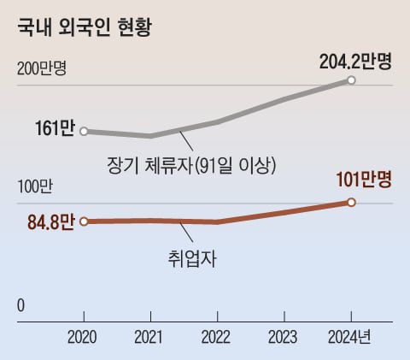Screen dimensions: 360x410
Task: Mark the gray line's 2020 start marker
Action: (x=83, y=131)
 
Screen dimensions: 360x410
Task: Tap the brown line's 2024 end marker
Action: (x=351, y=203)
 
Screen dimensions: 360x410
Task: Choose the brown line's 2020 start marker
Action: (x=83, y=222)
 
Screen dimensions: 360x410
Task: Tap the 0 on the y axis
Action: (x=20, y=306)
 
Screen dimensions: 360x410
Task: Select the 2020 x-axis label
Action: (x=83, y=336)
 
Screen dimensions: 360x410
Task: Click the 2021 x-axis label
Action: (x=150, y=336)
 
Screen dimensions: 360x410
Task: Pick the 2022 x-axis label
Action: (x=217, y=336)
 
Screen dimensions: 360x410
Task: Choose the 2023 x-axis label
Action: (x=284, y=336)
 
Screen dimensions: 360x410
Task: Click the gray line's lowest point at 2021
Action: (x=150, y=136)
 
